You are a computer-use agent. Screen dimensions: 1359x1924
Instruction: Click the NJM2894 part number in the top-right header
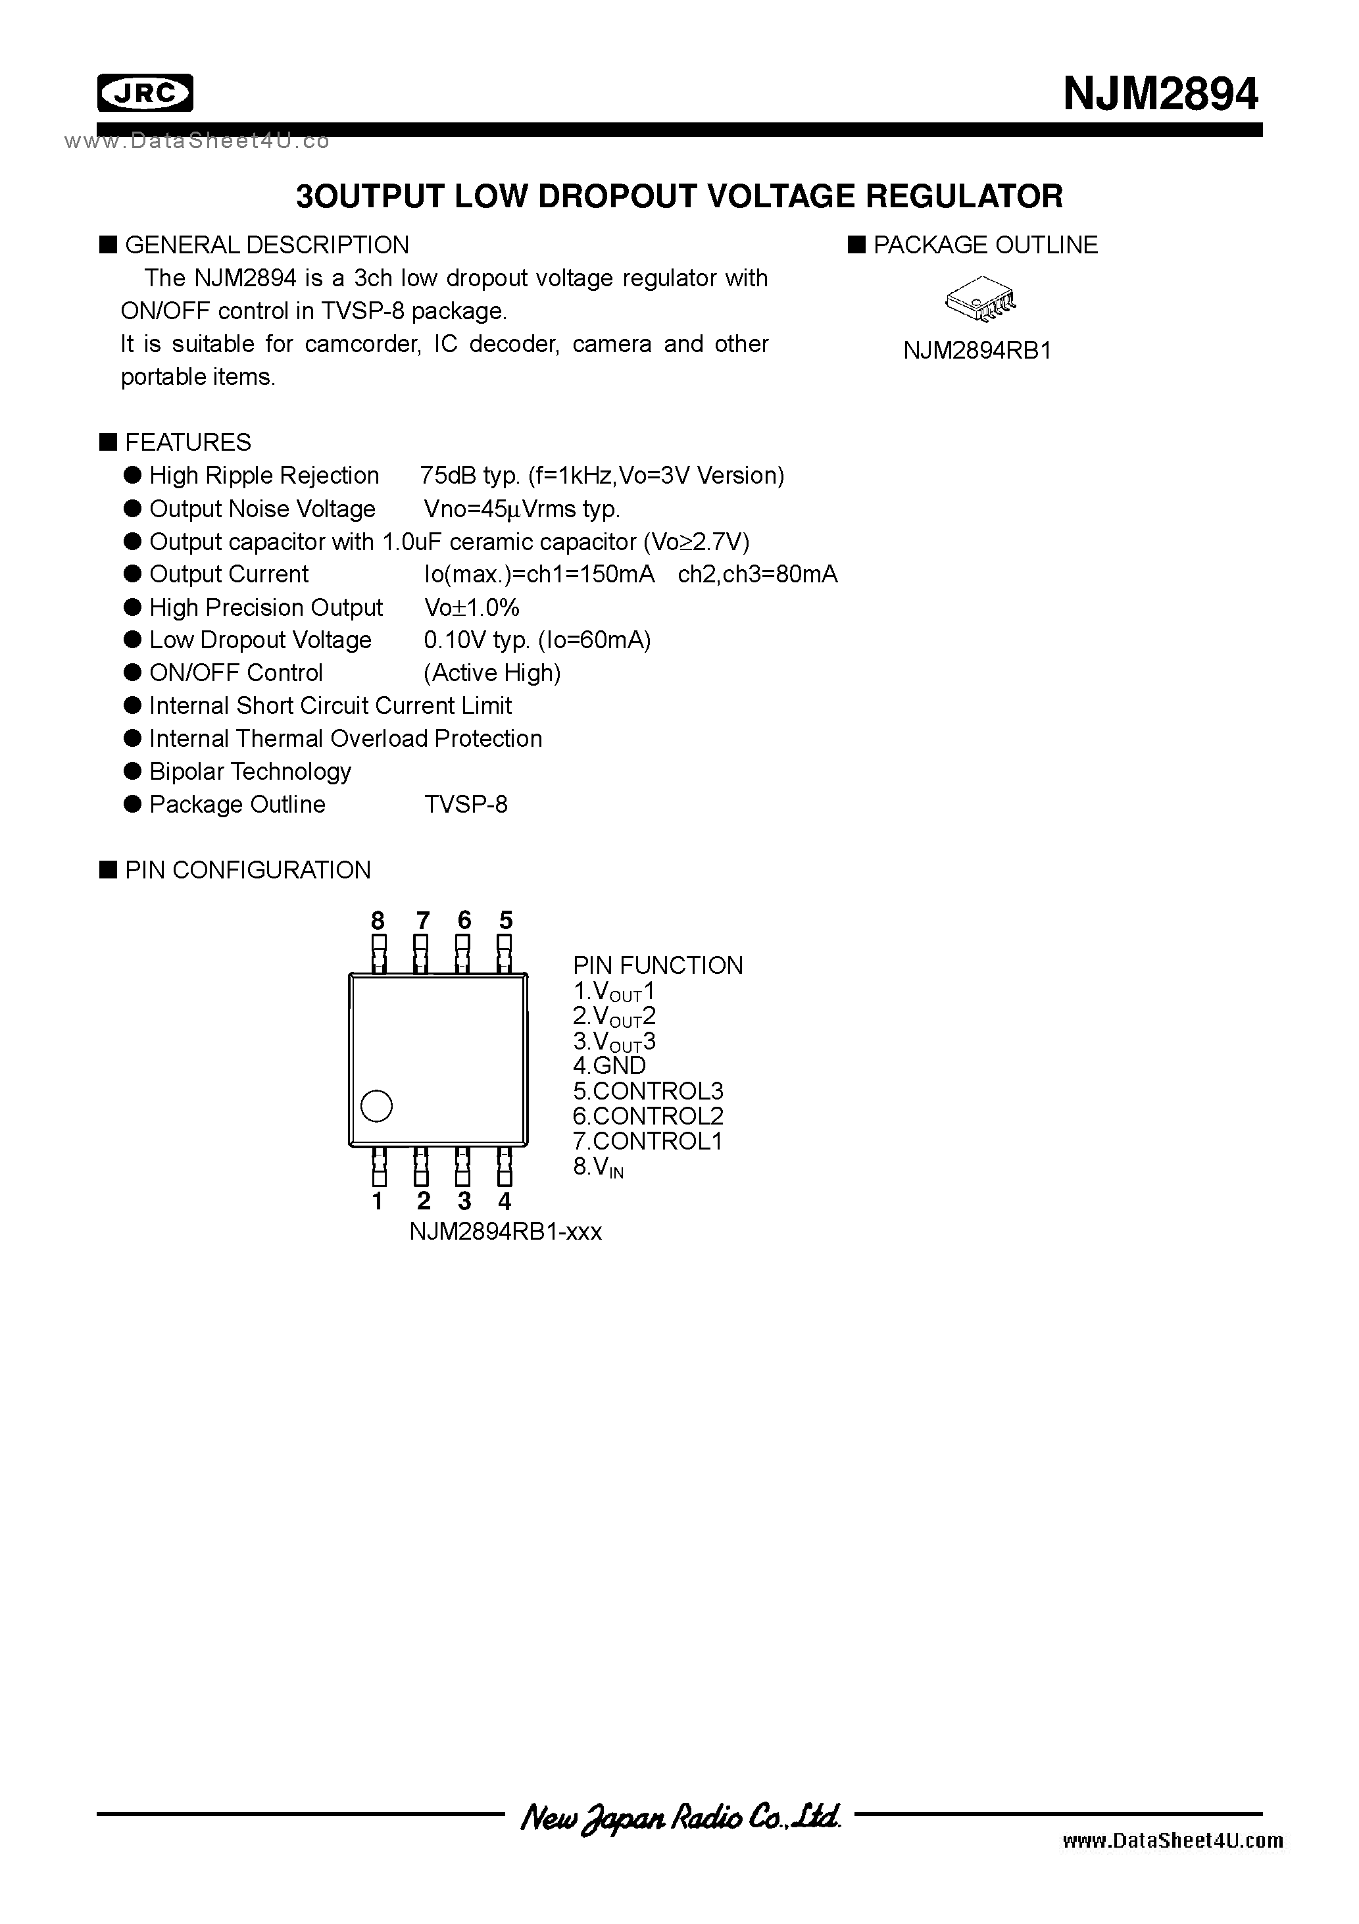(1160, 94)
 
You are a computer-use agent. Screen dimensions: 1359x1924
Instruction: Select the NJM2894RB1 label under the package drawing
(977, 350)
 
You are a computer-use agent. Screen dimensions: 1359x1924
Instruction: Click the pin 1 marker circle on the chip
(376, 1106)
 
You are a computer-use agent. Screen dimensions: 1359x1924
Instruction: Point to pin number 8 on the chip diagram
(378, 920)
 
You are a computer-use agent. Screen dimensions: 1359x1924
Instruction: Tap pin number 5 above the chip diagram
(505, 920)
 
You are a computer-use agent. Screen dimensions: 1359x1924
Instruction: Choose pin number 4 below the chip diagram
(505, 1201)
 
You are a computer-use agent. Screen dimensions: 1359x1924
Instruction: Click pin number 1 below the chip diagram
(378, 1201)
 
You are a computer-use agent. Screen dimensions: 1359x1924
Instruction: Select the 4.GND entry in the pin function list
(609, 1066)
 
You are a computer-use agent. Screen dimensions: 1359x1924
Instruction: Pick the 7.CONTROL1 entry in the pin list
(648, 1140)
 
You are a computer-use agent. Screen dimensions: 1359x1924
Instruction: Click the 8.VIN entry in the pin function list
(598, 1167)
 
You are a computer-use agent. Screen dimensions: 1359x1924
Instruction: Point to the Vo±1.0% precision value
(472, 607)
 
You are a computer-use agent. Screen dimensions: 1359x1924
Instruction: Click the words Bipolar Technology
(250, 772)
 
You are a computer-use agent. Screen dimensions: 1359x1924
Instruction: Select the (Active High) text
(492, 673)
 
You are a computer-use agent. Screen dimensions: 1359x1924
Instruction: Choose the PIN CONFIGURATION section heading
(247, 870)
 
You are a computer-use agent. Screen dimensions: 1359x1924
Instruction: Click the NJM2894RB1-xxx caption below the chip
(505, 1231)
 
